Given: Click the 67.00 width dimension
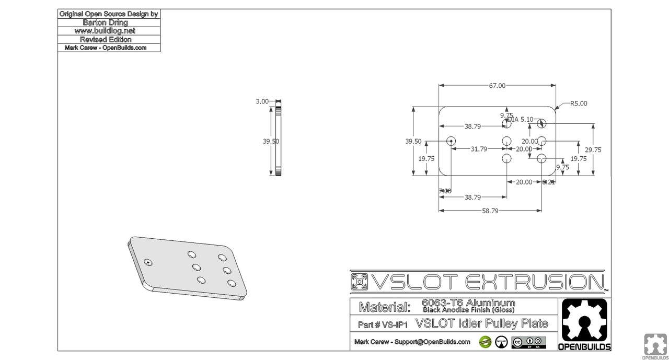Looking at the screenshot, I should tap(497, 86).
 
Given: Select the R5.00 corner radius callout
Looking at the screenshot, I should tap(578, 103).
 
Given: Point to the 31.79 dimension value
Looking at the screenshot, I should tap(479, 149).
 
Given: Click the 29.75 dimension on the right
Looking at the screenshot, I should tap(593, 149).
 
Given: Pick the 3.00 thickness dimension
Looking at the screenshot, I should tap(262, 101).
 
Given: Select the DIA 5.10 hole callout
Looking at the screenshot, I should tap(521, 119).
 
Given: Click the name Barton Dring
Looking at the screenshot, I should tap(109, 22).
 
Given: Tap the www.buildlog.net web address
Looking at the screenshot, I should tap(109, 31).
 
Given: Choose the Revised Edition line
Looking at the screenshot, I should tap(109, 39).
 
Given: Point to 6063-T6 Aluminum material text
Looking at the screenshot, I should tap(468, 303).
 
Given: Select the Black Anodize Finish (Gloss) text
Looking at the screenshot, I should tap(468, 310).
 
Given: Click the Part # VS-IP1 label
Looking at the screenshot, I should tap(383, 324).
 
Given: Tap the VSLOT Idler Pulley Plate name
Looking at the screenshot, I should tap(482, 324).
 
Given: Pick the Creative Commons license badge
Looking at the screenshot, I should tap(528, 342).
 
